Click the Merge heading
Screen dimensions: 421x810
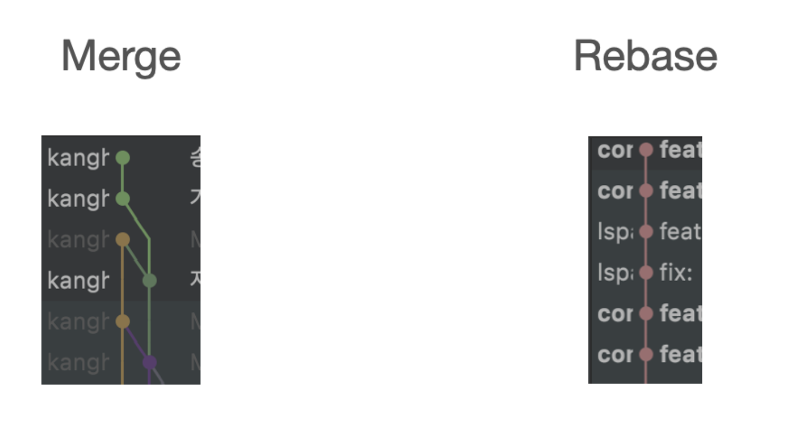121,57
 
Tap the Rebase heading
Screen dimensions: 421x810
645,57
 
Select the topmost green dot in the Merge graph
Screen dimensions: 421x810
123,158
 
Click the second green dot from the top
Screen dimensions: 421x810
123,199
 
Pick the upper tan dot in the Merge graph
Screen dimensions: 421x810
123,239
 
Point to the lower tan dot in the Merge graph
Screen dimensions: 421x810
123,321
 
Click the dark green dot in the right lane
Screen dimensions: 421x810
149,280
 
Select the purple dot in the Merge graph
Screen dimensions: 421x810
149,362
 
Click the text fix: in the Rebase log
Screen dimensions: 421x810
676,273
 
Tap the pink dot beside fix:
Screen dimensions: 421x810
646,273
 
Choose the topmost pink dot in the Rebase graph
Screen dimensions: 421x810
646,150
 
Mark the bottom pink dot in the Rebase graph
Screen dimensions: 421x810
646,354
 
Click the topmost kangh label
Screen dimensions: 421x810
78,158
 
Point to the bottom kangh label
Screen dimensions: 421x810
78,363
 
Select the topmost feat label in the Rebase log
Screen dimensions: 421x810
680,150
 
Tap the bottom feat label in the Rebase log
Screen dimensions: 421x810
680,354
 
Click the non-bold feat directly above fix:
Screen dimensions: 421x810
680,232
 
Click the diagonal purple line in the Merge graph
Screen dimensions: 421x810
136,342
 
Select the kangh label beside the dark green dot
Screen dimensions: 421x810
78,280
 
